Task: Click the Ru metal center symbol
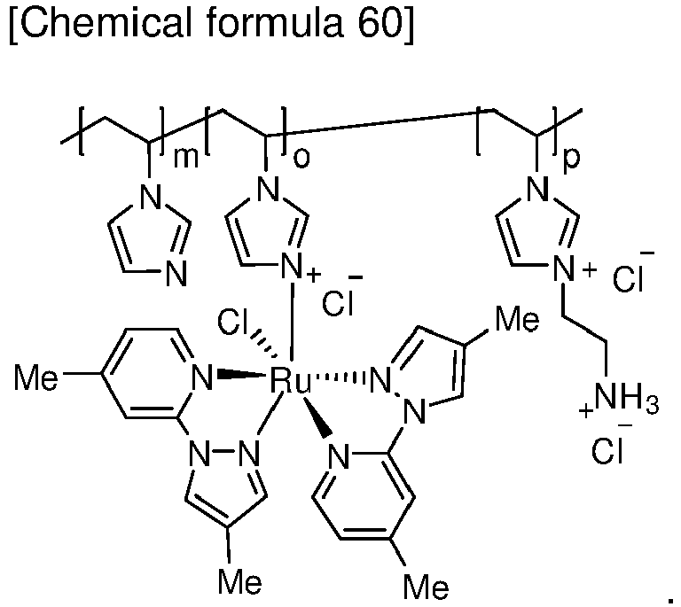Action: [x=291, y=380]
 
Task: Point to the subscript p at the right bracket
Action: [x=571, y=160]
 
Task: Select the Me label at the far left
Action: [x=35, y=377]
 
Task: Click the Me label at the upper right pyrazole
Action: [x=517, y=320]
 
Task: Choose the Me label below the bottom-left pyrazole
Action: [x=239, y=581]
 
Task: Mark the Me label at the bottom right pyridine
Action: [x=426, y=586]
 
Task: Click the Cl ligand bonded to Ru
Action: [x=231, y=323]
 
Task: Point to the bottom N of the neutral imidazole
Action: [x=176, y=273]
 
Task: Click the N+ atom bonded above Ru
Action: [x=294, y=266]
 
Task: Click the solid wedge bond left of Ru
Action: [x=241, y=373]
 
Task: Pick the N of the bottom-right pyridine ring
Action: [x=339, y=456]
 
